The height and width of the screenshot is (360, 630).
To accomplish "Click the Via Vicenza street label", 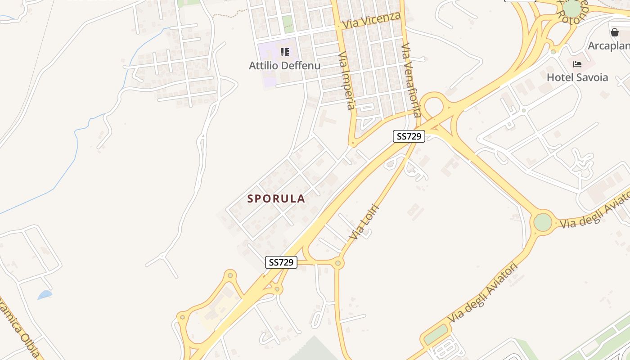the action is tap(371, 20).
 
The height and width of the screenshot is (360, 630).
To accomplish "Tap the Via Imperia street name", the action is tap(346, 81).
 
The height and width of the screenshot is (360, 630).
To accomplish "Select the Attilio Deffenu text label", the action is tap(284, 66).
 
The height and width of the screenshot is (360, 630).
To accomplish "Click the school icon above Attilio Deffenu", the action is tap(284, 52).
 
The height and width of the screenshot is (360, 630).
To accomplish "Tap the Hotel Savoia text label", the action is tap(577, 77).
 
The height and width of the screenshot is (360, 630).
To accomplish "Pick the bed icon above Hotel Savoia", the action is tap(577, 64).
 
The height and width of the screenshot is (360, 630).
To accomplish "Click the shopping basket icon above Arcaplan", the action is tap(614, 32).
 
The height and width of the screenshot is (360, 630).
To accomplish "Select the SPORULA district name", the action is tap(276, 198).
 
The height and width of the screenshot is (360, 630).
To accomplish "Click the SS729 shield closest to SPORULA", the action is tap(281, 262).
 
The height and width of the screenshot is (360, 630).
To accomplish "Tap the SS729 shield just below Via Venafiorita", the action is tap(409, 136).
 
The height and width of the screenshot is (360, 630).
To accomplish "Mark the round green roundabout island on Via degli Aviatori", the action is tap(543, 222).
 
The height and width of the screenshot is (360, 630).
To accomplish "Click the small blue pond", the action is tap(45, 295).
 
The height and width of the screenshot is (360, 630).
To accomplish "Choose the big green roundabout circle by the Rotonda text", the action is tap(572, 9).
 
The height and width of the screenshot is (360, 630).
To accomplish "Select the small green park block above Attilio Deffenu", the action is tap(288, 24).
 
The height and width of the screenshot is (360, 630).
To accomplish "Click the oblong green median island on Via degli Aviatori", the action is tap(436, 334).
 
